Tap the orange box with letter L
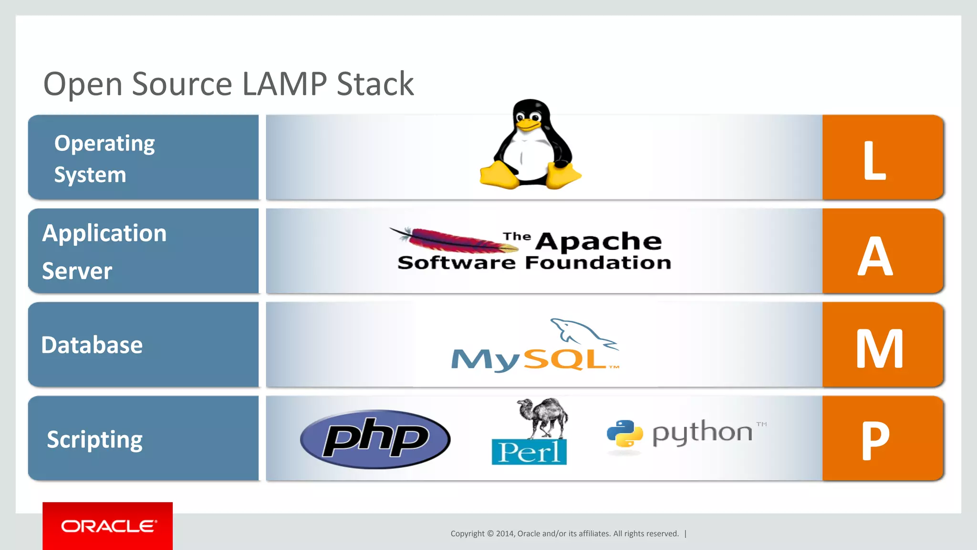click(x=883, y=157)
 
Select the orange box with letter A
click(x=883, y=251)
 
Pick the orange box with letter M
click(x=883, y=345)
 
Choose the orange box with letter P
click(x=883, y=438)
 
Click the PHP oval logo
click(x=375, y=439)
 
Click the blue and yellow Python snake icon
click(x=624, y=434)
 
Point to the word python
click(x=702, y=433)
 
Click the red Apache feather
click(x=453, y=240)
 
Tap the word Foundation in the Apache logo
click(x=598, y=263)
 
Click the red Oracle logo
click(x=107, y=526)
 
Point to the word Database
click(x=92, y=345)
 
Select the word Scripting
click(x=94, y=440)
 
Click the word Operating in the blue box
click(x=104, y=144)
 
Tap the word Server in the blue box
click(x=77, y=271)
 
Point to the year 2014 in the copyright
click(x=505, y=534)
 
